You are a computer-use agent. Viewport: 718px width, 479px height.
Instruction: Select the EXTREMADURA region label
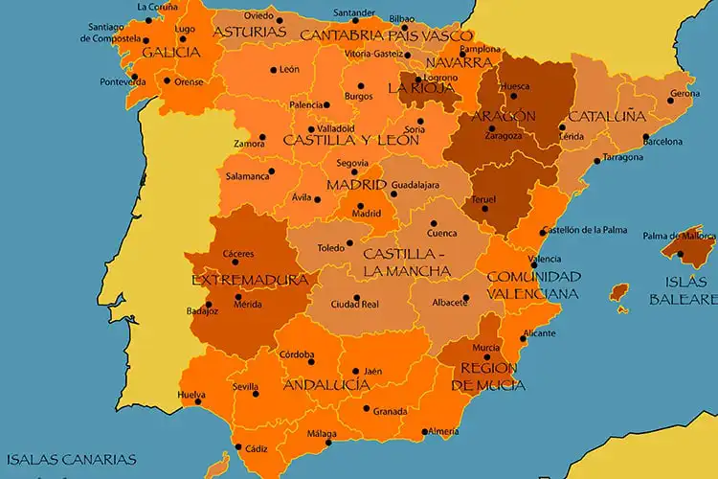[x=250, y=281]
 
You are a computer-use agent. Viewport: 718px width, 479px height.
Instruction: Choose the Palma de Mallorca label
[x=679, y=236]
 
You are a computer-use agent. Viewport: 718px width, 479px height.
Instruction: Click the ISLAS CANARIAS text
[x=68, y=459]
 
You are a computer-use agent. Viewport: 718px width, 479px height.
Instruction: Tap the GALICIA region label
[x=171, y=53]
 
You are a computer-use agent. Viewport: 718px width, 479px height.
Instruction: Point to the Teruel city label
[x=483, y=199]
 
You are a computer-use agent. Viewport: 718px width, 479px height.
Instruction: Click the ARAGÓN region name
[x=503, y=116]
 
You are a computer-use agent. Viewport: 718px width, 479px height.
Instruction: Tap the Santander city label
[x=353, y=12]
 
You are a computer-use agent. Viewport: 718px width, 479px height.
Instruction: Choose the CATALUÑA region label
[x=607, y=116]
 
